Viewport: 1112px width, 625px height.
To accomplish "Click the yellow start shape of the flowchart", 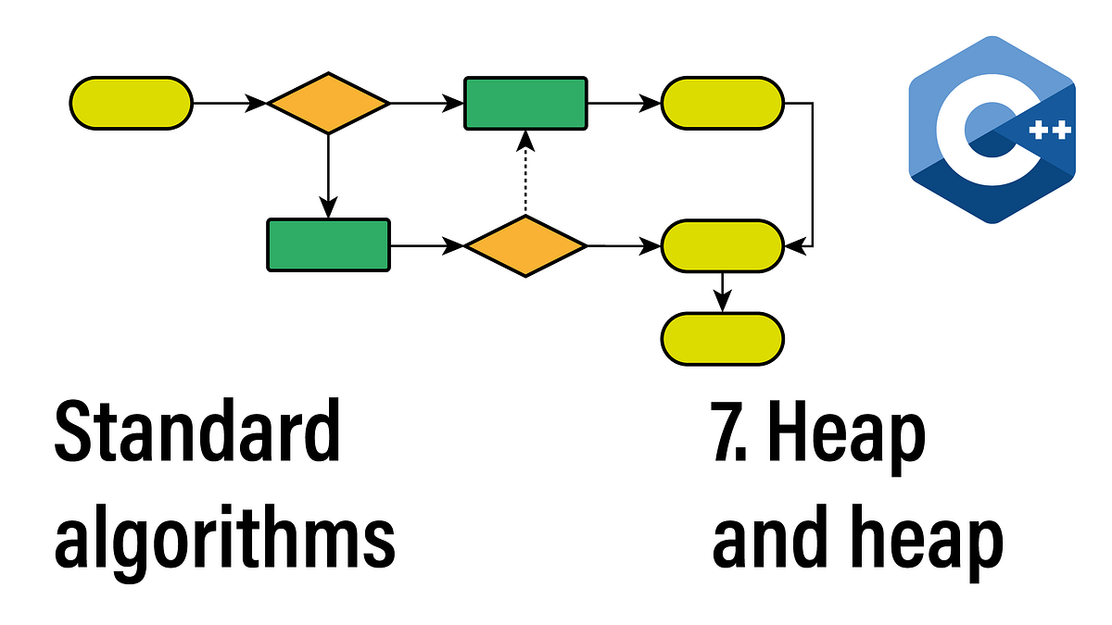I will click(x=131, y=103).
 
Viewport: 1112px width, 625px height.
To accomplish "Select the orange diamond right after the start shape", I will click(x=328, y=103).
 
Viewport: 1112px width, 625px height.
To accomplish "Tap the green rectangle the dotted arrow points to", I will click(x=525, y=103).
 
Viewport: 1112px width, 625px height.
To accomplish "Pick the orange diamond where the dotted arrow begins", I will click(x=525, y=245).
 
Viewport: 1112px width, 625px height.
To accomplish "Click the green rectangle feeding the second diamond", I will click(x=328, y=245).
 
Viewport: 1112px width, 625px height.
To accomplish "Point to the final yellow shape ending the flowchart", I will click(x=723, y=338).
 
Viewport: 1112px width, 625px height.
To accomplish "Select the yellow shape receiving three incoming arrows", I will click(x=723, y=245).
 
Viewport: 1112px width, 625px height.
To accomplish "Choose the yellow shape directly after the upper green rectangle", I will click(x=723, y=103).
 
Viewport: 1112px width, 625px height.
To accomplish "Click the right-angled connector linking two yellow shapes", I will click(x=813, y=176).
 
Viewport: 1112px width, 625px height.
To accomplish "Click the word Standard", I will click(x=197, y=433).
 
